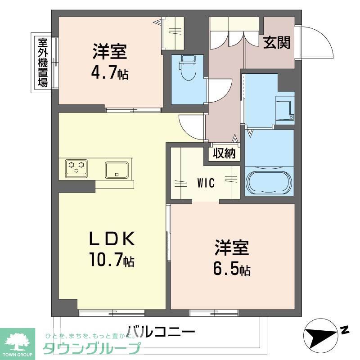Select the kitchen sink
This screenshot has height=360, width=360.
[118, 170]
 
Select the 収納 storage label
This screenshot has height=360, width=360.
[224, 153]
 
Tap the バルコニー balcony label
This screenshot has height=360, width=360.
[161, 332]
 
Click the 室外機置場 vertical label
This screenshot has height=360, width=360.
[43, 63]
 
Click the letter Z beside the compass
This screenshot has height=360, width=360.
[344, 330]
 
